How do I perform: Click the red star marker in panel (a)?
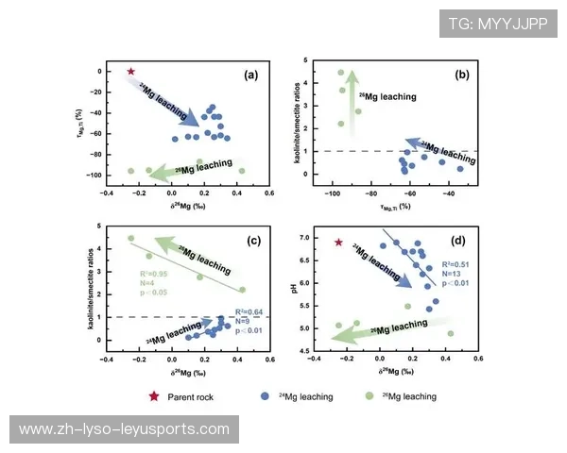point(131,71)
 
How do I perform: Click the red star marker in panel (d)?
point(339,243)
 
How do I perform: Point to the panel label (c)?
point(253,242)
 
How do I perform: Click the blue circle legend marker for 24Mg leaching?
point(267,396)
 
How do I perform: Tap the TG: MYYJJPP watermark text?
point(497,23)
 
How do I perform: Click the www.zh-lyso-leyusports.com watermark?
point(124,429)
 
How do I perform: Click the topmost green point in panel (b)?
point(341,73)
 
